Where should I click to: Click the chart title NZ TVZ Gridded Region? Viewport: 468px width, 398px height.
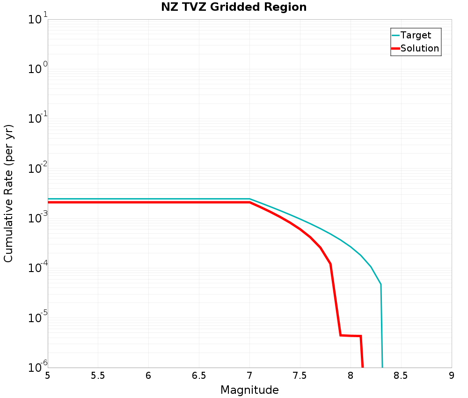234,7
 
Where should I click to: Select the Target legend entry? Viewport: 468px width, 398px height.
416,35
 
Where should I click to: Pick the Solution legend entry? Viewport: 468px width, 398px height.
420,48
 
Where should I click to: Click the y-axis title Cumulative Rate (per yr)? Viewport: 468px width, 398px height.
9,193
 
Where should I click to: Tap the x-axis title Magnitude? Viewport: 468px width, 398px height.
249,390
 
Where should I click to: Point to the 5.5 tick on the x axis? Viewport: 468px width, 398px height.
98,376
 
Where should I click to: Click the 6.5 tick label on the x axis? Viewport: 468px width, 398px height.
199,376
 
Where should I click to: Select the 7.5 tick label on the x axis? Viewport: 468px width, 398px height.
300,376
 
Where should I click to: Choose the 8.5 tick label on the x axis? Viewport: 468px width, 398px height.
401,376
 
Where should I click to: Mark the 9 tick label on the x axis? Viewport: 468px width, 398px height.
452,376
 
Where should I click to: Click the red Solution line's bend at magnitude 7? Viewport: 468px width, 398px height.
249,202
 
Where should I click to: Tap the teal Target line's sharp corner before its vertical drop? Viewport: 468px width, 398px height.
380,284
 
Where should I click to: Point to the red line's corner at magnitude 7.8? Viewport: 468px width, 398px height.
330,264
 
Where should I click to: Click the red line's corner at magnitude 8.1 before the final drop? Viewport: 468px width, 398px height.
361,336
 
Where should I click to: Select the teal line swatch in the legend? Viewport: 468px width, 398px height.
395,35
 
